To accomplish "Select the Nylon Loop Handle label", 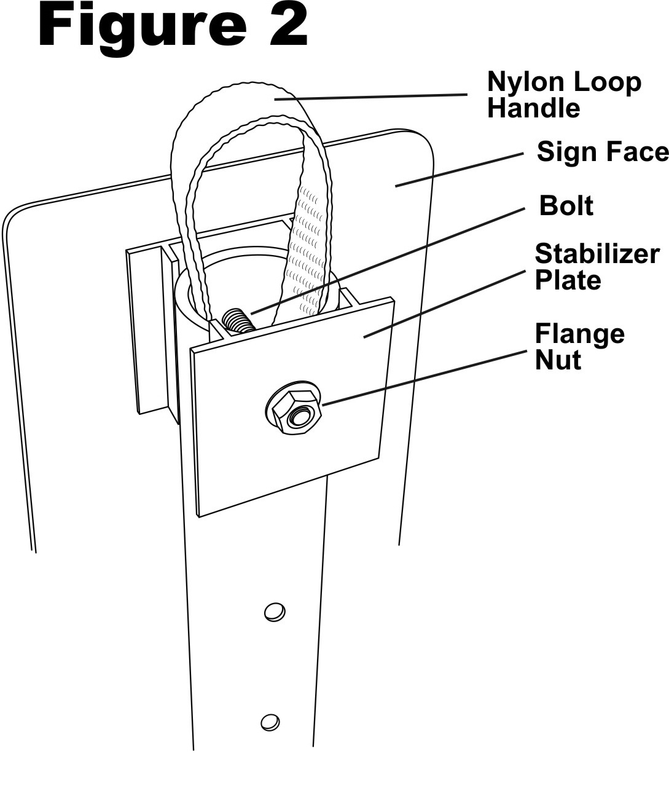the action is (564, 95).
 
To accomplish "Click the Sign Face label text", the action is (602, 151).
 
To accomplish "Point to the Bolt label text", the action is (566, 206).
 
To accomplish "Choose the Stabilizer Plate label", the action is (597, 267).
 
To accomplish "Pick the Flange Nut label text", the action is (579, 347).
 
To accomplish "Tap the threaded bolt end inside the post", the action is (238, 321).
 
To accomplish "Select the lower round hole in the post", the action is (270, 722).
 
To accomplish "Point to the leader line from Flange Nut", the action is (424, 377).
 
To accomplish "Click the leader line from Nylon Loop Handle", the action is (370, 97).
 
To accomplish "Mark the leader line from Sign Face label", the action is (460, 170).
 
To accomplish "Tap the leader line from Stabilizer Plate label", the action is (445, 304).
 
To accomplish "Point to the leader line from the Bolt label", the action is (388, 261).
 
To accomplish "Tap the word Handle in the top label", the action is (533, 108).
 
